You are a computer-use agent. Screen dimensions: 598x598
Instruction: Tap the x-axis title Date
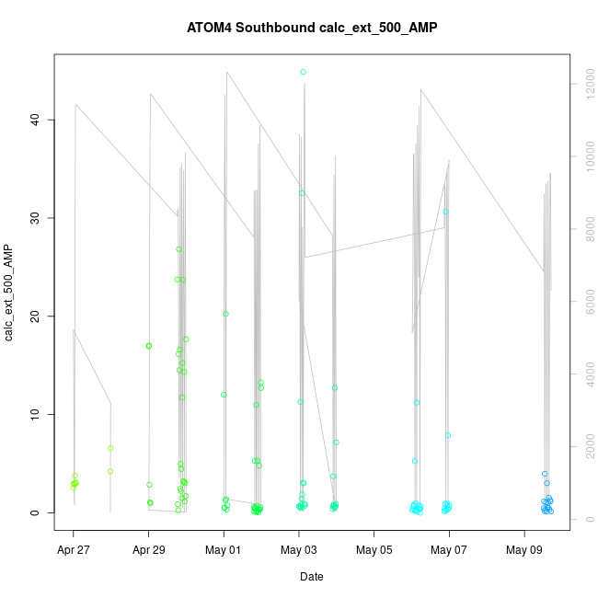point(311,577)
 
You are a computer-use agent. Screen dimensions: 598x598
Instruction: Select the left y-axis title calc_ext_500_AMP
point(10,293)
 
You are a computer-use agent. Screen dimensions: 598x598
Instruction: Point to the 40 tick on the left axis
point(36,120)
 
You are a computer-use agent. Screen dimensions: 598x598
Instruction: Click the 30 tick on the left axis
point(36,218)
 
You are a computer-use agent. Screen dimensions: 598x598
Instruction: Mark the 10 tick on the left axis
point(36,415)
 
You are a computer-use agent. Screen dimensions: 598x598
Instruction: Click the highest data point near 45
point(303,72)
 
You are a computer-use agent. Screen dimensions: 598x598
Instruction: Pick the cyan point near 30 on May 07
point(446,212)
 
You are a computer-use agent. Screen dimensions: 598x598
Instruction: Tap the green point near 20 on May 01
point(225,314)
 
